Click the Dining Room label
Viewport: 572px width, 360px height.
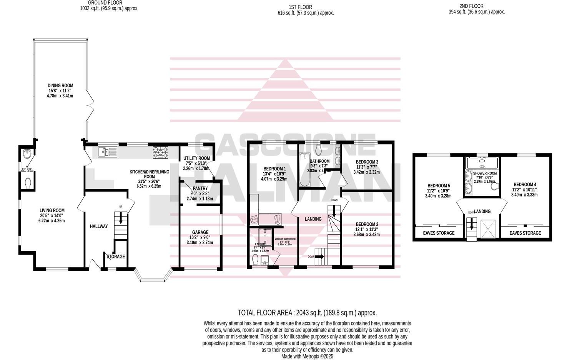tap(60, 86)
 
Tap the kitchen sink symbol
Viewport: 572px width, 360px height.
tap(107, 152)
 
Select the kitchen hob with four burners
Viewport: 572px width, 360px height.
tap(161, 152)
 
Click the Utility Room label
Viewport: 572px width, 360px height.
tap(196, 158)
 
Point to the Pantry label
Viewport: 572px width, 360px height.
tap(200, 188)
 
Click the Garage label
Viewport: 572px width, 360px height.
tap(200, 232)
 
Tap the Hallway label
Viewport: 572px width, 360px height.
tap(99, 227)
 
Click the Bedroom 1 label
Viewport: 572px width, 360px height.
tap(274, 168)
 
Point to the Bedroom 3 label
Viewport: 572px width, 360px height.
tap(367, 162)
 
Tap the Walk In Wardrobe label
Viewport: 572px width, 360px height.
tap(283, 239)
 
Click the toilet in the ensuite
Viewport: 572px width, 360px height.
tap(255, 261)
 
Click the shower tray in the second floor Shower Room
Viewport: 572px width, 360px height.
tap(482, 163)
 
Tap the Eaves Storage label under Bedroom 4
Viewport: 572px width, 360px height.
tap(525, 233)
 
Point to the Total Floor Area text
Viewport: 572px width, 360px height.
tap(307, 313)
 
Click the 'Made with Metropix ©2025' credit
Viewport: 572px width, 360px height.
tap(307, 357)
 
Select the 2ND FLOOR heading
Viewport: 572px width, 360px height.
tap(471, 6)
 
